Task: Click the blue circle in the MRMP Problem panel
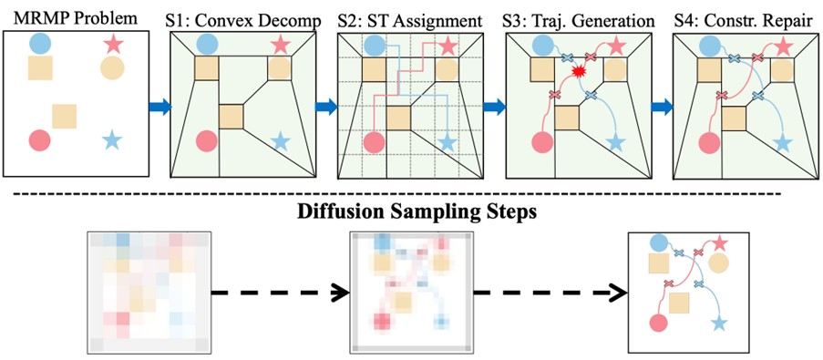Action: pos(40,44)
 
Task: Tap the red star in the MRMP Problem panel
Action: pos(113,44)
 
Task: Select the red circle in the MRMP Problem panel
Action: pos(40,140)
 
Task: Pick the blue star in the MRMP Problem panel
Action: pos(112,140)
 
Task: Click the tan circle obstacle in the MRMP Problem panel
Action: pos(112,67)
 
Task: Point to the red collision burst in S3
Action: pos(579,72)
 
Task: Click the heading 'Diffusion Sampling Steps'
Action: pos(411,212)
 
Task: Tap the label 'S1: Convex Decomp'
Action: pos(243,22)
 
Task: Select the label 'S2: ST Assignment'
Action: pos(410,22)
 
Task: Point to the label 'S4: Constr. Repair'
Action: pos(746,22)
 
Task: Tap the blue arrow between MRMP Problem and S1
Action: pos(160,107)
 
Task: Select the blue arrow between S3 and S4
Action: pos(662,107)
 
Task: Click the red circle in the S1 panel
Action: pos(207,140)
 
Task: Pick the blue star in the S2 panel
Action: pos(447,142)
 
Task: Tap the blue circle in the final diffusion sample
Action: pos(659,243)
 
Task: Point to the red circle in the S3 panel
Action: pos(543,142)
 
